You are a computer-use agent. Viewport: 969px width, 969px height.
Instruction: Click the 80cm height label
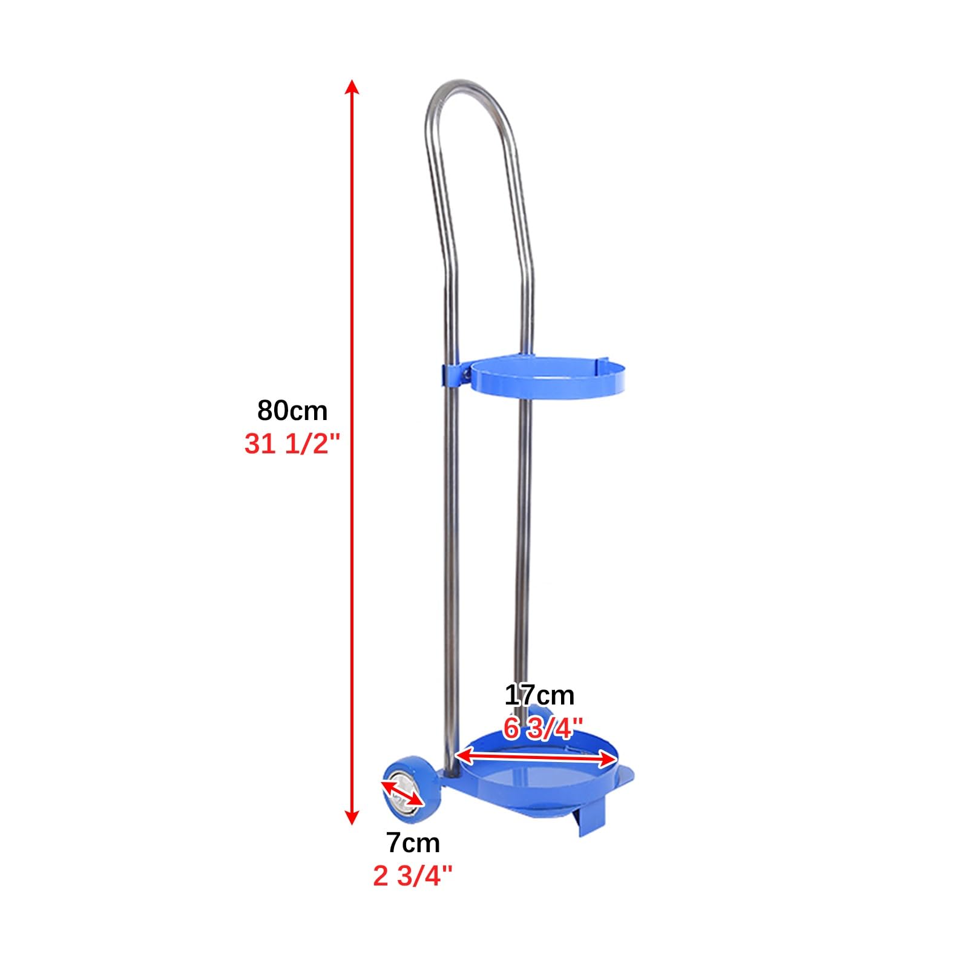[292, 410]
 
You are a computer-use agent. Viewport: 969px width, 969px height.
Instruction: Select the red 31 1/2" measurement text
[289, 444]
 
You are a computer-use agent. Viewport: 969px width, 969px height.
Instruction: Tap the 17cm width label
[539, 695]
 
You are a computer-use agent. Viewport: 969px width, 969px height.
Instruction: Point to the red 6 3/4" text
[543, 728]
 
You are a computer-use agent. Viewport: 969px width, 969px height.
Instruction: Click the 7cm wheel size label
[413, 843]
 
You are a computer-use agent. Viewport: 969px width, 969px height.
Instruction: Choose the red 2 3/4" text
[413, 876]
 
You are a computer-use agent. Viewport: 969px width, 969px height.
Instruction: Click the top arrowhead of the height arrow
[352, 87]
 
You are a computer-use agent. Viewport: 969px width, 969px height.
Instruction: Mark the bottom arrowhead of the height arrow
[352, 817]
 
